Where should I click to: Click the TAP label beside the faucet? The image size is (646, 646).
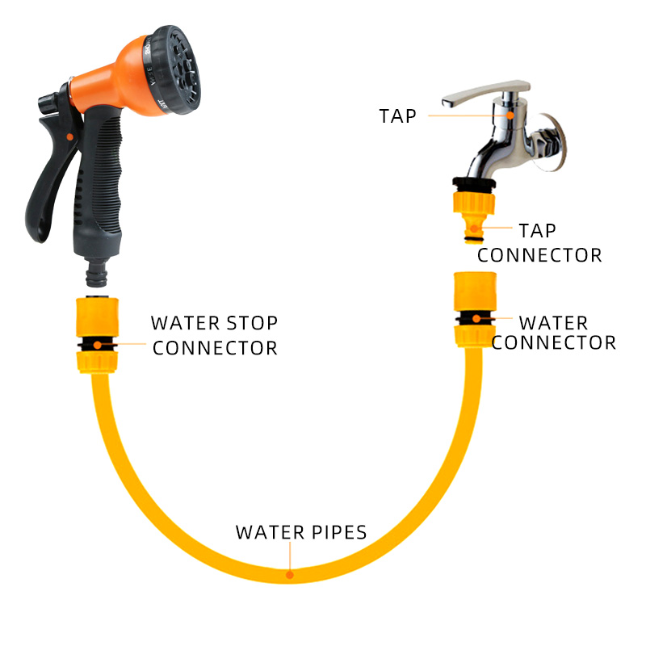click(397, 116)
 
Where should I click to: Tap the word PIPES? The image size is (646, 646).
click(339, 532)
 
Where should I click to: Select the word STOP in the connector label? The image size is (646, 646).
click(252, 323)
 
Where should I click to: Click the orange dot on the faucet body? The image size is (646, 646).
click(510, 115)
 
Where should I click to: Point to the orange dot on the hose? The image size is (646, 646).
click(290, 575)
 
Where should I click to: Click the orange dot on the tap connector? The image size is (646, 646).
click(474, 229)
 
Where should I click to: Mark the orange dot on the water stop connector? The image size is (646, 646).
click(97, 345)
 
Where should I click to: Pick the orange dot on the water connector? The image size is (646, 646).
click(476, 318)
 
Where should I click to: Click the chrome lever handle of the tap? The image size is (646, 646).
click(485, 94)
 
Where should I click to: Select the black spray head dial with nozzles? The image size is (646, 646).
click(172, 69)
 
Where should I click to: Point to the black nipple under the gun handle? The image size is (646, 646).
click(97, 273)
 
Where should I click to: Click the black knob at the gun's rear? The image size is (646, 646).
click(48, 103)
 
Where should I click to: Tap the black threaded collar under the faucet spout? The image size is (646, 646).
click(474, 184)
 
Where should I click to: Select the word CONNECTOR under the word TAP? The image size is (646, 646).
click(539, 255)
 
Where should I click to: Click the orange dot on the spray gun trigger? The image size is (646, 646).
click(70, 136)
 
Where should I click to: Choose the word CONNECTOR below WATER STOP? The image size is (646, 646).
click(215, 348)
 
